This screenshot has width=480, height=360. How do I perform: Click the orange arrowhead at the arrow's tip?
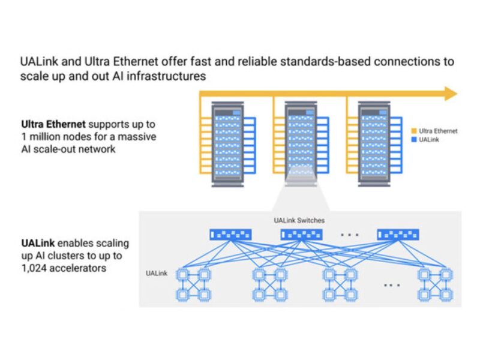pyautogui.click(x=450, y=93)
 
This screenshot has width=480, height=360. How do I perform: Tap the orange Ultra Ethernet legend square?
pyautogui.click(x=414, y=130)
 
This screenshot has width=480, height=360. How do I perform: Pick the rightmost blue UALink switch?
pyautogui.click(x=397, y=235)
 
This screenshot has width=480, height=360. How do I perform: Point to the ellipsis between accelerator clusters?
pyautogui.click(x=391, y=285)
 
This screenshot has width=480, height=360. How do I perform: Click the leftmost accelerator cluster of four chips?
pyautogui.click(x=193, y=284)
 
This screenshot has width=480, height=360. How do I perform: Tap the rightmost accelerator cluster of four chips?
pyautogui.click(x=435, y=284)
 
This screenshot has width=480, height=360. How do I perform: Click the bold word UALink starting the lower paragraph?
pyautogui.click(x=35, y=244)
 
